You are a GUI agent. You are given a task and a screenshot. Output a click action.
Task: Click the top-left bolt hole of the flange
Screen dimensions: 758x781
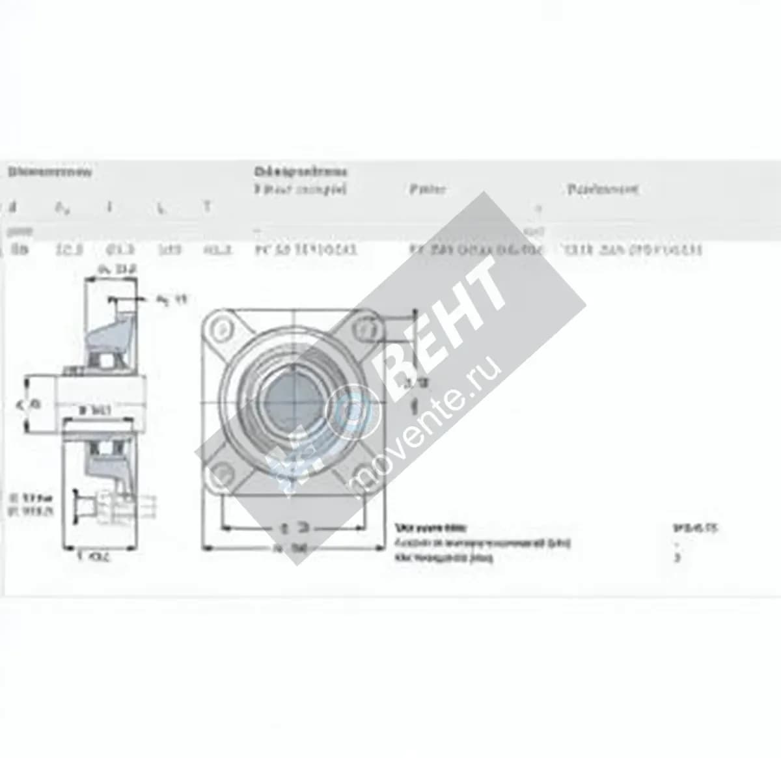pos(222,329)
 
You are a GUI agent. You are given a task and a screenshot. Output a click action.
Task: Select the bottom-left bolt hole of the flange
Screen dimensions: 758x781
pos(222,474)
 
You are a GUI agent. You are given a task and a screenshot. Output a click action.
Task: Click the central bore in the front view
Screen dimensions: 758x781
pos(294,401)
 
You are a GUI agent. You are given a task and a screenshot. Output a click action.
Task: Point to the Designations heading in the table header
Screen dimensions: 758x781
pos(301,172)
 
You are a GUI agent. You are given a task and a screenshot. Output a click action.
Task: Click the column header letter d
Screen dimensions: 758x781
pos(12,207)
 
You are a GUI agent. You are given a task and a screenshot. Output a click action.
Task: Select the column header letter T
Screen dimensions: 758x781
pos(207,207)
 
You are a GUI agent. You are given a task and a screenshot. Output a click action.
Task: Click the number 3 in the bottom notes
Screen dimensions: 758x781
pos(677,558)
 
